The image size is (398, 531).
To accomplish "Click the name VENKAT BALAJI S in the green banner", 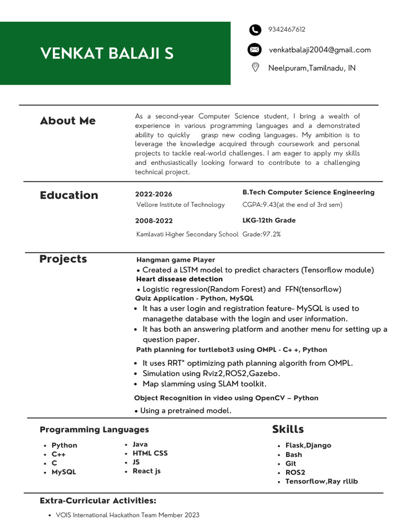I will click(x=107, y=53).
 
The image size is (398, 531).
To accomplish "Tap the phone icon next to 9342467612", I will click(x=254, y=30).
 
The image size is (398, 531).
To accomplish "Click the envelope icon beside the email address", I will click(x=254, y=50).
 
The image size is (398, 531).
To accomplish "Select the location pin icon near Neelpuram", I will click(x=255, y=68).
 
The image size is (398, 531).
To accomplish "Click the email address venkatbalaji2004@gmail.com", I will click(x=320, y=50).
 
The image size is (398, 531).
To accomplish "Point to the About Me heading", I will click(x=68, y=121).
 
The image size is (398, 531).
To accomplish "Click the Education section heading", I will click(x=69, y=195).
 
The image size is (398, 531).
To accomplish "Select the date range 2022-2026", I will click(x=153, y=194).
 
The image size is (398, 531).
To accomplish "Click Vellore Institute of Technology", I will click(x=180, y=205).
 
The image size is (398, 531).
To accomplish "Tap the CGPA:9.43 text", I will click(x=292, y=205).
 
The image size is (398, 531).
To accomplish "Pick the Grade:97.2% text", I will click(x=261, y=234).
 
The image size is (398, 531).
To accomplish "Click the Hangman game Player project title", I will click(x=175, y=260).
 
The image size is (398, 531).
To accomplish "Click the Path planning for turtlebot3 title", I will click(x=231, y=350).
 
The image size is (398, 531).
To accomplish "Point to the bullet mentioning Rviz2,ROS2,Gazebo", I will click(x=211, y=373).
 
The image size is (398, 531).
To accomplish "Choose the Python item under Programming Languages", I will click(x=64, y=445).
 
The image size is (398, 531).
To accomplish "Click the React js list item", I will click(x=147, y=471).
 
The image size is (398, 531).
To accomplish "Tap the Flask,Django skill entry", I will click(x=308, y=445).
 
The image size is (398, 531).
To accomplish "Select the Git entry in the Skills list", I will click(x=291, y=464).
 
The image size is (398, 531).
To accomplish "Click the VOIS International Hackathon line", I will click(x=127, y=515).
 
